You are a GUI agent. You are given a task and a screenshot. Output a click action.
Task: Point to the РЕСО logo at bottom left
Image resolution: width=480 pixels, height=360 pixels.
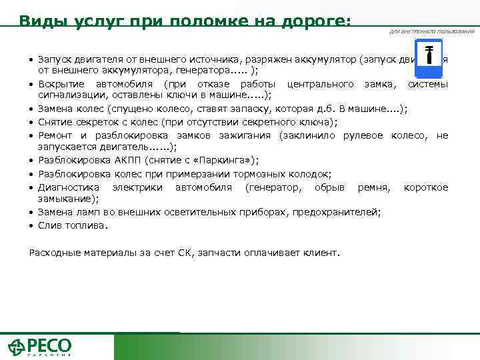pyautogui.click(x=39, y=347)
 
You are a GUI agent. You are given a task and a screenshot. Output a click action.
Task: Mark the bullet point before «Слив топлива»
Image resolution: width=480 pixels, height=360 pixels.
pyautogui.click(x=31, y=226)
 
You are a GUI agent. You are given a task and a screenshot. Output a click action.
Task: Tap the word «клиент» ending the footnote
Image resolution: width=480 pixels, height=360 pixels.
pyautogui.click(x=323, y=253)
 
